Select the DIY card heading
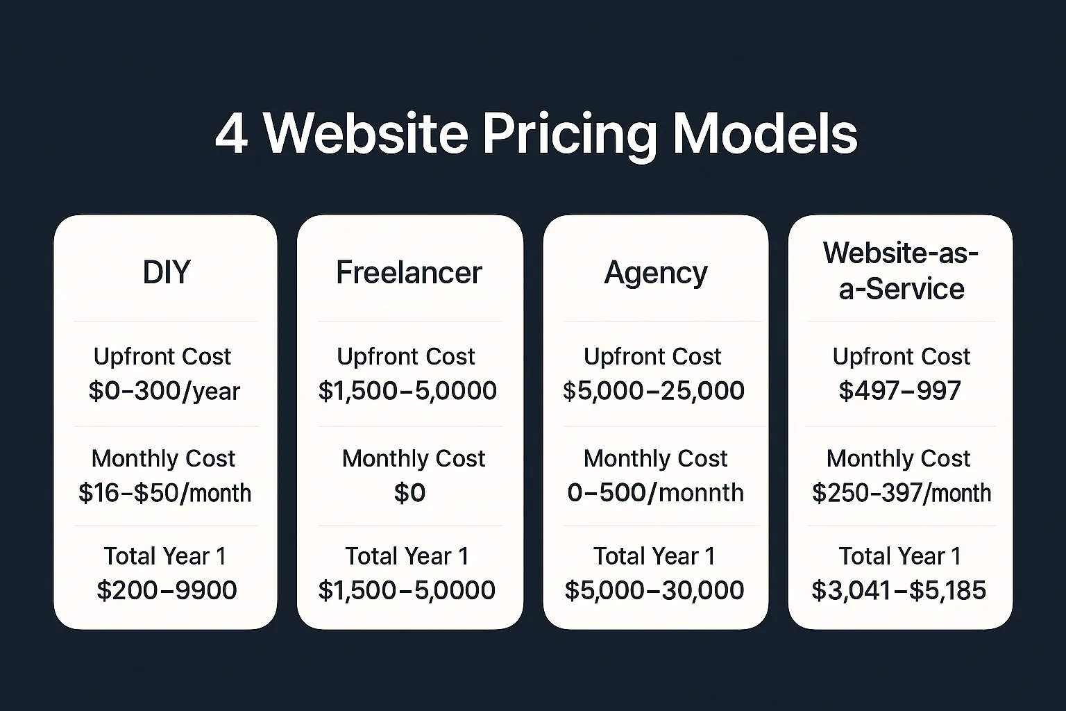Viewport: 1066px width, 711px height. tap(166, 272)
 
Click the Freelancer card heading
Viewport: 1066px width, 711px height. tap(409, 272)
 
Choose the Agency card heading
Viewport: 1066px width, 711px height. tap(656, 273)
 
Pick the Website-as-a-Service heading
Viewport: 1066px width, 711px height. tap(901, 271)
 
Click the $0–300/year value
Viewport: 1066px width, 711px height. tap(164, 391)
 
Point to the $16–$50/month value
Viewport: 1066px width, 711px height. tap(164, 493)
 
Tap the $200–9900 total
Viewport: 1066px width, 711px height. tap(167, 590)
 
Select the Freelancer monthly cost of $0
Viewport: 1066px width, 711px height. tap(409, 493)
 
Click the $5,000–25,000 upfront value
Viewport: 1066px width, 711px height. tap(654, 391)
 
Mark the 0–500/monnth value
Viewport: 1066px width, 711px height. tap(655, 493)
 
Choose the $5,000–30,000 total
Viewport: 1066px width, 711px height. tap(654, 590)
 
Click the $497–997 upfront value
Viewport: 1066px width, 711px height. tap(900, 391)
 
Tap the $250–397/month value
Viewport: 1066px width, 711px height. tap(902, 493)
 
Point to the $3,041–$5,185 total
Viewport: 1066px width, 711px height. tap(899, 590)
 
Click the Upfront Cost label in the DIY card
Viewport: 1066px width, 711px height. tap(162, 356)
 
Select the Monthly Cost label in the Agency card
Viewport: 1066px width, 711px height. tap(655, 458)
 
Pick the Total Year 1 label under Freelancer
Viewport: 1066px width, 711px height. tap(407, 556)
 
